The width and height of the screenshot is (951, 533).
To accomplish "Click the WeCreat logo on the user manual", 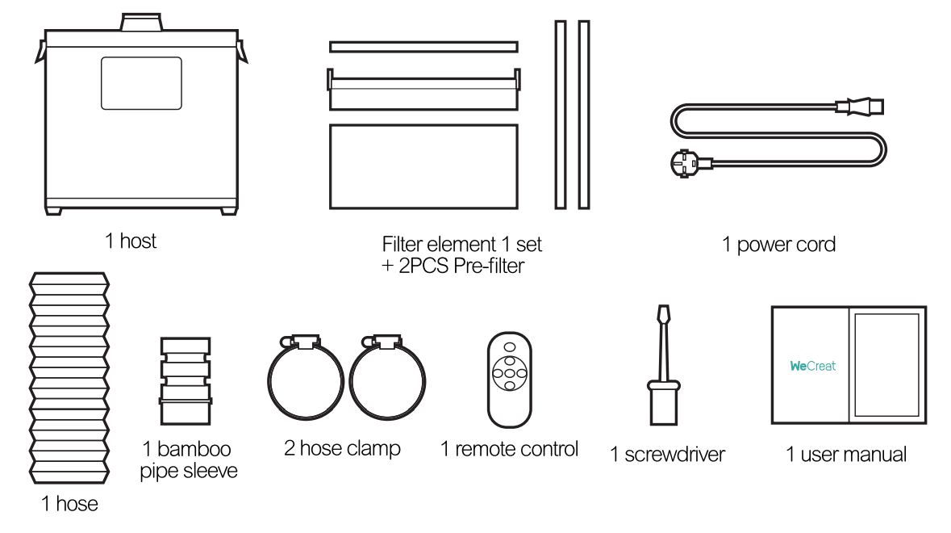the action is click(x=812, y=366).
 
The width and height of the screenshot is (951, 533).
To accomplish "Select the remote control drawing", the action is click(x=510, y=380).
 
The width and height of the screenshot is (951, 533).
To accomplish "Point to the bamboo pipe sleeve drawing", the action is click(x=186, y=381).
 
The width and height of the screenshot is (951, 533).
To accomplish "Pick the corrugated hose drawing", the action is click(x=69, y=378).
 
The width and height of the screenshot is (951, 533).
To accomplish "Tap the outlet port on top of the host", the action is click(x=141, y=22).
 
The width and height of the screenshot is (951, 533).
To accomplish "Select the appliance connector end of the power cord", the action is click(x=861, y=107).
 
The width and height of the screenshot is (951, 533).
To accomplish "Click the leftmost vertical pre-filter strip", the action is click(x=561, y=115).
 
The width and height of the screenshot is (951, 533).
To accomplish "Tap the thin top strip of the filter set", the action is click(x=423, y=47).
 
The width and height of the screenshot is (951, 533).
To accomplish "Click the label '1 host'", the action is click(x=131, y=241).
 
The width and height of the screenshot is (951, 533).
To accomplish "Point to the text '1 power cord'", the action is click(x=778, y=244).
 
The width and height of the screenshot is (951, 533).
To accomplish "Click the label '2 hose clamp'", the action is click(x=342, y=449).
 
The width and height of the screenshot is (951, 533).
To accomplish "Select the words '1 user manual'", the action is click(x=846, y=454).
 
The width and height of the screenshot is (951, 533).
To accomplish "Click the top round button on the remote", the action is click(x=510, y=347).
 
